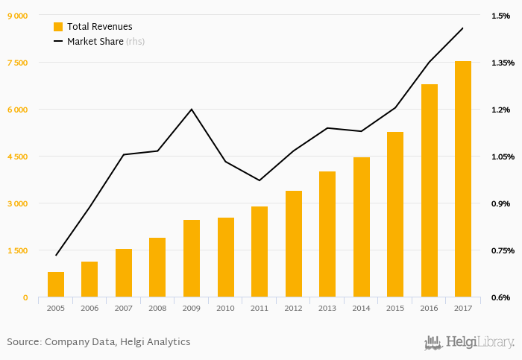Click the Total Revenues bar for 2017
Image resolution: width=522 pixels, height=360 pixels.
pyautogui.click(x=463, y=179)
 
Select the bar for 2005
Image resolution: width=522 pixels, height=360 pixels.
pyautogui.click(x=56, y=285)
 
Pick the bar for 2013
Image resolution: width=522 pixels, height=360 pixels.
pyautogui.click(x=327, y=234)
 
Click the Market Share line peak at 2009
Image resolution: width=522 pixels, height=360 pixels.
pyautogui.click(x=192, y=110)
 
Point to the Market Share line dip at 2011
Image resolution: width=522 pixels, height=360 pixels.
pyautogui.click(x=260, y=180)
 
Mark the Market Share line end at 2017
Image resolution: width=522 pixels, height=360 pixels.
pyautogui.click(x=463, y=28)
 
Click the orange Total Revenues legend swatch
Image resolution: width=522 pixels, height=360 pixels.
pyautogui.click(x=58, y=26)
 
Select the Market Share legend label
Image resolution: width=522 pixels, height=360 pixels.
pyautogui.click(x=95, y=42)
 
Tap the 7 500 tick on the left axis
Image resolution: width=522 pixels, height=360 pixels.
pyautogui.click(x=16, y=63)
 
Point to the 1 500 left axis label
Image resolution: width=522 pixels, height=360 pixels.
pyautogui.click(x=16, y=250)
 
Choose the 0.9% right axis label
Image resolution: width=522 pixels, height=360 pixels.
pyautogui.click(x=500, y=203)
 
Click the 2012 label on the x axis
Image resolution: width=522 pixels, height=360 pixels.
pyautogui.click(x=293, y=308)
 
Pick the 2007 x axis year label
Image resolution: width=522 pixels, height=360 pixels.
pyautogui.click(x=124, y=308)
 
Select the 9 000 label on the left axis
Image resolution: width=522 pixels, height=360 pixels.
pyautogui.click(x=16, y=16)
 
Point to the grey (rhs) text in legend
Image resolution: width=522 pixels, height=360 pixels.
pyautogui.click(x=135, y=42)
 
